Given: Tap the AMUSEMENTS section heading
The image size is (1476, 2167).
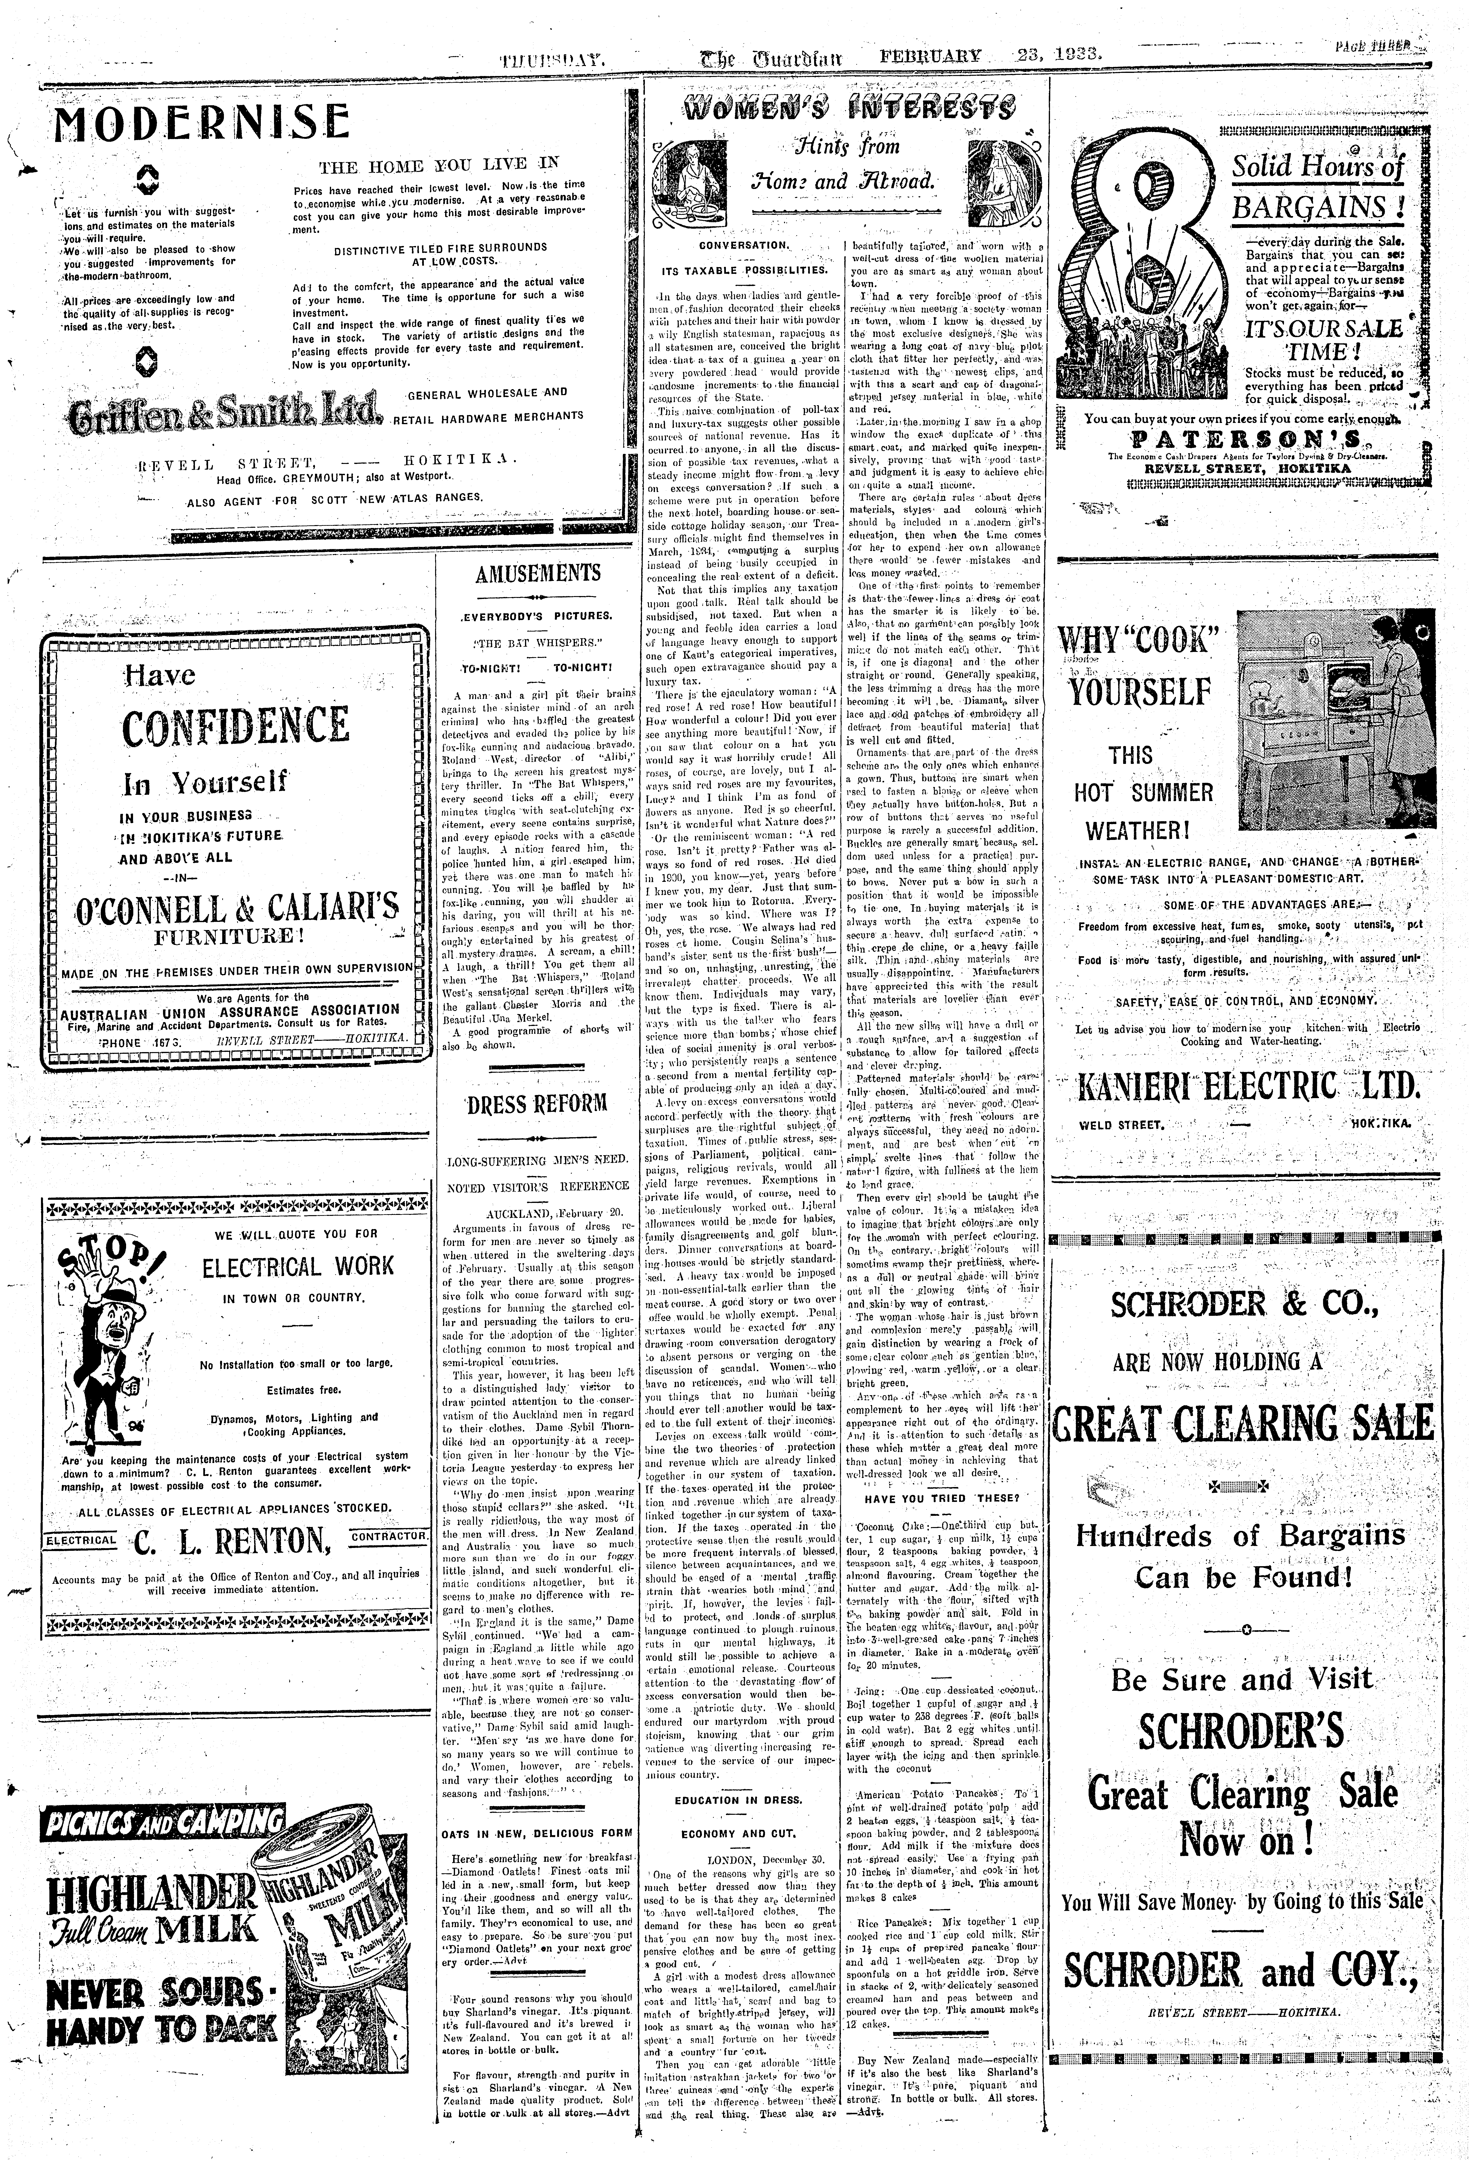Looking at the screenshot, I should (x=538, y=574).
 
